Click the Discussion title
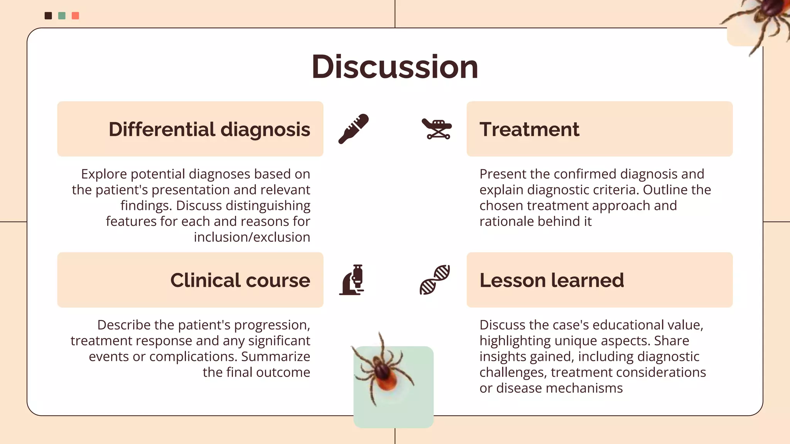point(395,67)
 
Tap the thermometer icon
point(353,129)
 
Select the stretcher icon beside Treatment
point(437,129)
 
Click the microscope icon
point(353,280)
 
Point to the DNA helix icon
point(435,280)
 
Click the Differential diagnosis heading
point(209,129)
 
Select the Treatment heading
point(529,129)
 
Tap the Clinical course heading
point(240,280)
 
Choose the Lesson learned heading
point(552,280)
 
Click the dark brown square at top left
point(48,16)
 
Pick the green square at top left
point(62,16)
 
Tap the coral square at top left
point(76,16)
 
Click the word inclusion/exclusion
point(252,237)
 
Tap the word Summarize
point(275,357)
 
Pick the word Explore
point(104,174)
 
